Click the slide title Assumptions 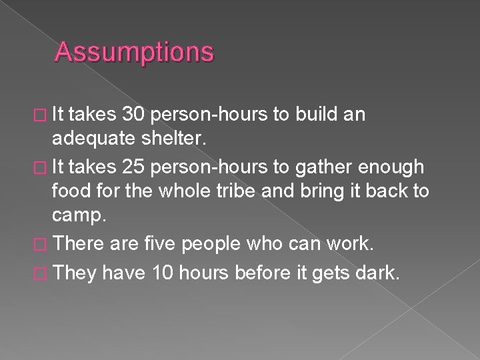click(x=135, y=52)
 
